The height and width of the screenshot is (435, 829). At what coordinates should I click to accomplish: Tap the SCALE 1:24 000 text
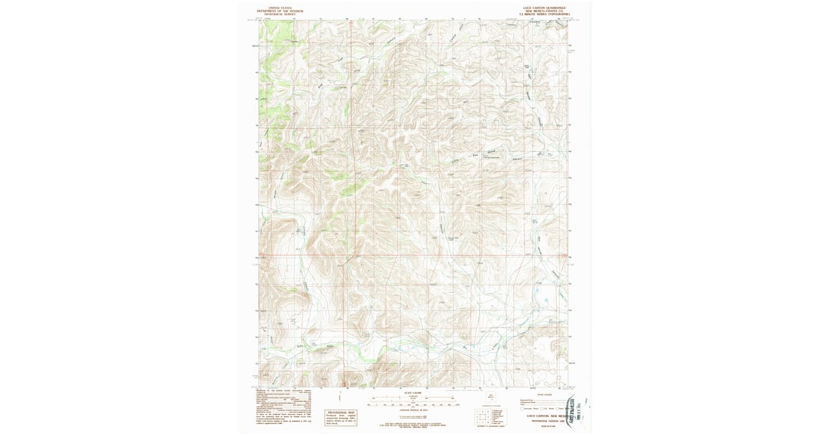pyautogui.click(x=413, y=392)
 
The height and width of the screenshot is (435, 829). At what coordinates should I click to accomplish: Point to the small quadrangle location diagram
pyautogui.click(x=491, y=398)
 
